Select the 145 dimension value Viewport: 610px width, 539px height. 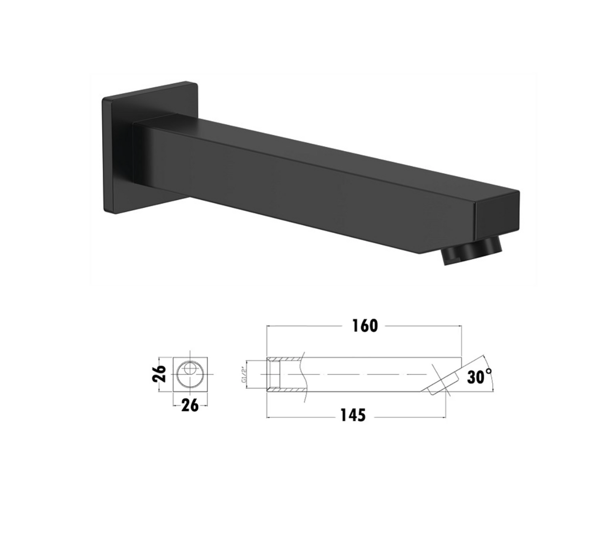[x=353, y=416]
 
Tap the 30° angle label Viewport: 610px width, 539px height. [x=479, y=376]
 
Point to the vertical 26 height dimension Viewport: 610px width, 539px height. [x=159, y=373]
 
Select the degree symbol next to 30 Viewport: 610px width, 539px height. [x=488, y=371]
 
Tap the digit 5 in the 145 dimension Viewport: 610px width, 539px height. [x=361, y=416]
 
